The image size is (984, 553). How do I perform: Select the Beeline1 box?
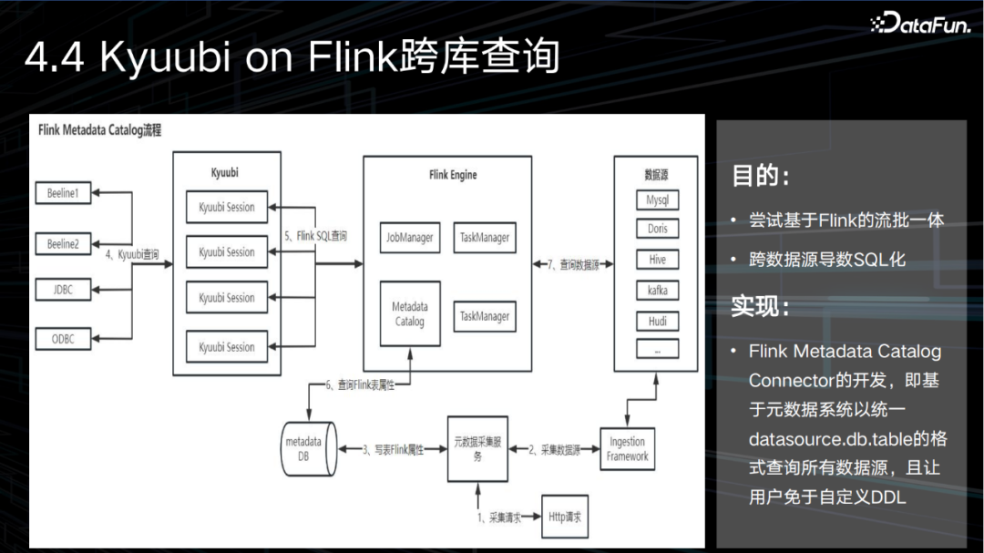pyautogui.click(x=63, y=193)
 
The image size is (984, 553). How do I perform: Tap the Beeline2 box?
pyautogui.click(x=63, y=243)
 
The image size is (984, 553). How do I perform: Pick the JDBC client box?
pyautogui.click(x=63, y=290)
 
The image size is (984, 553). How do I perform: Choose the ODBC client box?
pyautogui.click(x=63, y=338)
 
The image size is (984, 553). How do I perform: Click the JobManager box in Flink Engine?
pyautogui.click(x=409, y=237)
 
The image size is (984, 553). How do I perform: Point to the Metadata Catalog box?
pyautogui.click(x=409, y=313)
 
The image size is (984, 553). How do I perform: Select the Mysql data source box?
pyautogui.click(x=657, y=200)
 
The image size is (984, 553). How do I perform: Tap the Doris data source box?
pyautogui.click(x=657, y=229)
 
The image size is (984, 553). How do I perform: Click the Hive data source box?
pyautogui.click(x=657, y=260)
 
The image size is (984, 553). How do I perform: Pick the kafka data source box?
pyautogui.click(x=657, y=290)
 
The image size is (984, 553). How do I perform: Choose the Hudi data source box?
pyautogui.click(x=657, y=320)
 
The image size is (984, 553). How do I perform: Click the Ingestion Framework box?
pyautogui.click(x=627, y=448)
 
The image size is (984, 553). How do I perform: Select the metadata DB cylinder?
pyautogui.click(x=303, y=448)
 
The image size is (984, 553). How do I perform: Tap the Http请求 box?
pyautogui.click(x=564, y=517)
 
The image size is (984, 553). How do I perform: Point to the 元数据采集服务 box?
pyautogui.click(x=477, y=448)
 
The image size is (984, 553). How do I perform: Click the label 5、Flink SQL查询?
pyautogui.click(x=315, y=236)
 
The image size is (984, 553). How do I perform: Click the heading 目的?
pyautogui.click(x=760, y=176)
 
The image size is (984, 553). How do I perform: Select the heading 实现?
pyautogui.click(x=760, y=307)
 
